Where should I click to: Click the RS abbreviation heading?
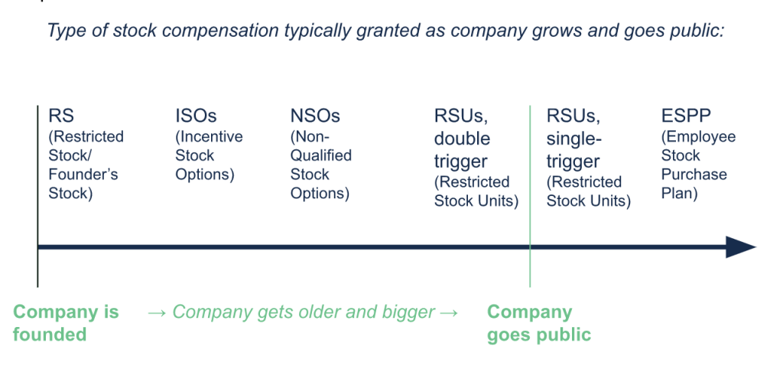coord(61,116)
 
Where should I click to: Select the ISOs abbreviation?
coord(196,116)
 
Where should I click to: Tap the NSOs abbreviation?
coord(315,116)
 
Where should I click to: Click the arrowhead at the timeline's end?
coord(741,247)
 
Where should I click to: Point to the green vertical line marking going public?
coord(530,196)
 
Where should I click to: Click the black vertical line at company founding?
coord(37,196)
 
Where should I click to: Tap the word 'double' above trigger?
coord(462,139)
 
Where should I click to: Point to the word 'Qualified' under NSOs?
coord(321,155)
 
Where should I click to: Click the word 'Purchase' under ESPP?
coord(694,175)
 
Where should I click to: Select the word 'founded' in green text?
coord(50,334)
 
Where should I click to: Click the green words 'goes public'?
coord(539,334)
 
